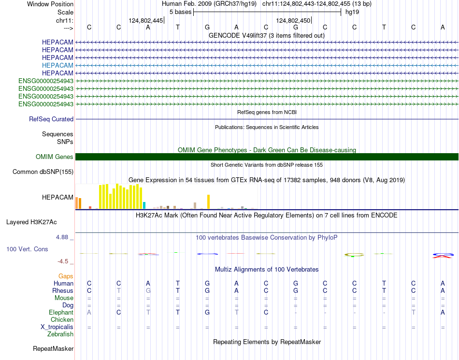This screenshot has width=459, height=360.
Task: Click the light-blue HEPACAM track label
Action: tap(57, 65)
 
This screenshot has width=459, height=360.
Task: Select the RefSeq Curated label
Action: tap(51, 119)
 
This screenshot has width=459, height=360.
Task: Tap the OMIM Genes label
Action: tap(55, 157)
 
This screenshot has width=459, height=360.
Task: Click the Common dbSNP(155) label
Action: tap(43, 172)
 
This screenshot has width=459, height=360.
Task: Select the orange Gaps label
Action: tap(66, 276)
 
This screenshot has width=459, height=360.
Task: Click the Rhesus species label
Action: tap(63, 291)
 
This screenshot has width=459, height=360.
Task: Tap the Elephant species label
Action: tap(61, 313)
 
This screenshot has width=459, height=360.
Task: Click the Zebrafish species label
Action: tap(60, 334)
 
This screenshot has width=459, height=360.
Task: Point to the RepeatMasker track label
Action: tap(53, 348)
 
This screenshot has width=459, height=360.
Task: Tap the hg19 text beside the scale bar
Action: tap(352, 12)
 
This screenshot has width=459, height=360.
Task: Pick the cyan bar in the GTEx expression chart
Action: tap(144, 205)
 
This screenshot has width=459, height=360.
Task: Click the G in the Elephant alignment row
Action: tap(207, 313)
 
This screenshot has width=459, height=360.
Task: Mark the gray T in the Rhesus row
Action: tap(119, 291)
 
